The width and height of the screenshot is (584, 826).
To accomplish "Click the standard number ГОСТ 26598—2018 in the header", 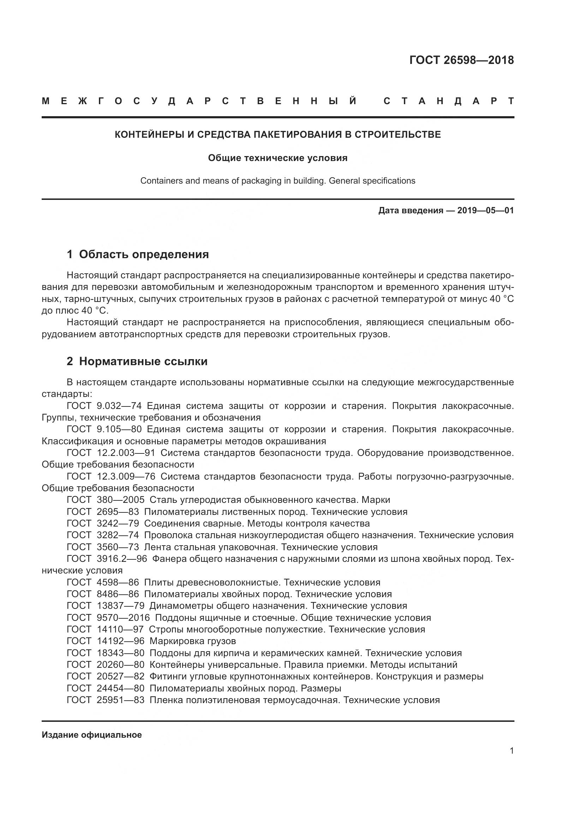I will (x=461, y=60).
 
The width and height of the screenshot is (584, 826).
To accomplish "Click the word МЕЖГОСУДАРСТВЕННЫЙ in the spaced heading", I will (x=199, y=101).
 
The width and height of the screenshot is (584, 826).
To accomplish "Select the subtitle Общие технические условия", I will (x=278, y=158).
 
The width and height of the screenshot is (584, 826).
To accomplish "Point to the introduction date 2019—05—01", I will (x=485, y=210).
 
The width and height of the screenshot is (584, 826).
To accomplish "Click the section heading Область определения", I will (x=144, y=254).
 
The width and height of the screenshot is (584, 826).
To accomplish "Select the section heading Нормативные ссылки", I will (x=143, y=361).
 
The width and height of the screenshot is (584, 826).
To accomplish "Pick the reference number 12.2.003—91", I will (x=126, y=453).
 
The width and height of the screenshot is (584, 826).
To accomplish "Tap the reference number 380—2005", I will (x=120, y=500).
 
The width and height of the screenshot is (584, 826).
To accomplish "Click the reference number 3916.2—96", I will (x=122, y=559).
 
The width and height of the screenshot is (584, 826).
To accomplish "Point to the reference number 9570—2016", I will (x=123, y=618).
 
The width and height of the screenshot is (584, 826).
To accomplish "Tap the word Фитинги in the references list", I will (x=166, y=676).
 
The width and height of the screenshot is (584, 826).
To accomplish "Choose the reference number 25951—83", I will (x=120, y=700).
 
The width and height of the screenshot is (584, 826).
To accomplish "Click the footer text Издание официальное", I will (x=92, y=735).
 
